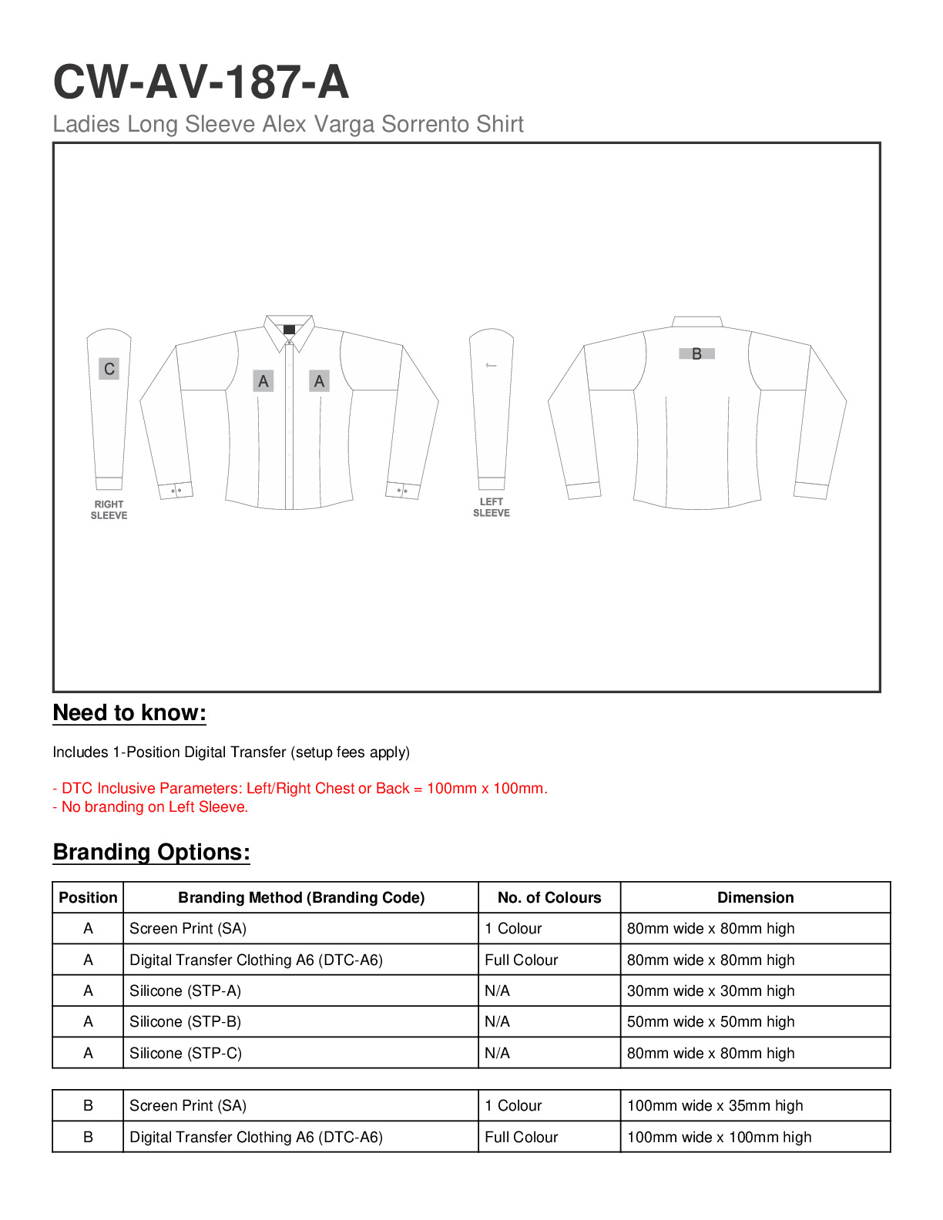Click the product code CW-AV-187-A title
[200, 82]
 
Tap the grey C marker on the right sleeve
[109, 369]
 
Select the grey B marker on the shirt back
[696, 354]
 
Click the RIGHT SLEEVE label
[109, 510]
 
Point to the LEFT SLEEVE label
[491, 507]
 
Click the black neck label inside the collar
[289, 330]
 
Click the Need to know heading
[129, 713]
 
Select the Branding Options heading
[151, 852]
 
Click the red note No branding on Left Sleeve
[150, 807]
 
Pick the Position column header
[88, 897]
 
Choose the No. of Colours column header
[549, 897]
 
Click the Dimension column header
[755, 897]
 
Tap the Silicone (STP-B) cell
[185, 1022]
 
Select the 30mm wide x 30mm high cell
[710, 991]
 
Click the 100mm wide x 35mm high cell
[715, 1106]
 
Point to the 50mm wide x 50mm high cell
[710, 1022]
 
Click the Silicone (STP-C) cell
[186, 1053]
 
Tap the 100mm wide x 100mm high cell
[719, 1137]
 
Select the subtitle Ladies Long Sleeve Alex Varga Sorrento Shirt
[288, 124]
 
